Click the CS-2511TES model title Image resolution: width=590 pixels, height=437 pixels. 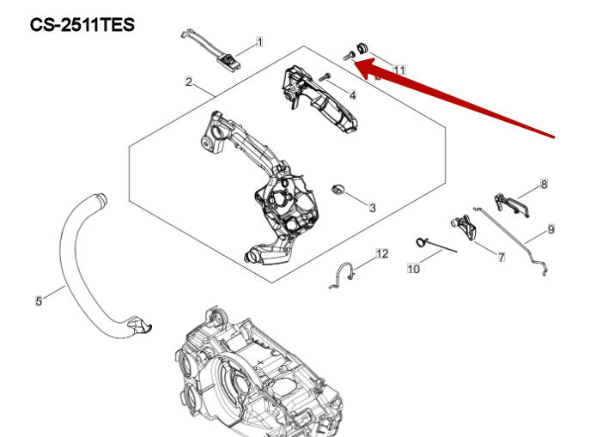(82, 25)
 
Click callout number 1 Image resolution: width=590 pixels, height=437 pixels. (259, 41)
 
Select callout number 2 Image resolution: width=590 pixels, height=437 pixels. (188, 82)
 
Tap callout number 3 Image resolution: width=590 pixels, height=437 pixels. (372, 208)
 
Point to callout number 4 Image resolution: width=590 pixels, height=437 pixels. (352, 94)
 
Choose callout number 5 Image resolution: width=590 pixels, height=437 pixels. (39, 301)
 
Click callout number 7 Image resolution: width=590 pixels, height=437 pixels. (501, 257)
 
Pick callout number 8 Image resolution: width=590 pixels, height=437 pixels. (544, 184)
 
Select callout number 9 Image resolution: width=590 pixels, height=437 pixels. (550, 229)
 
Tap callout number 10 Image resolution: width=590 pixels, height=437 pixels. (413, 269)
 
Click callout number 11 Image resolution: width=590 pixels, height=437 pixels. (398, 69)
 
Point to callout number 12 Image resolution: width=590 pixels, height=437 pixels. (382, 254)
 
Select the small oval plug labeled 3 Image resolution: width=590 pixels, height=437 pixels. (338, 188)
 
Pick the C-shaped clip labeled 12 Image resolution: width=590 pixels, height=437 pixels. (344, 276)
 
